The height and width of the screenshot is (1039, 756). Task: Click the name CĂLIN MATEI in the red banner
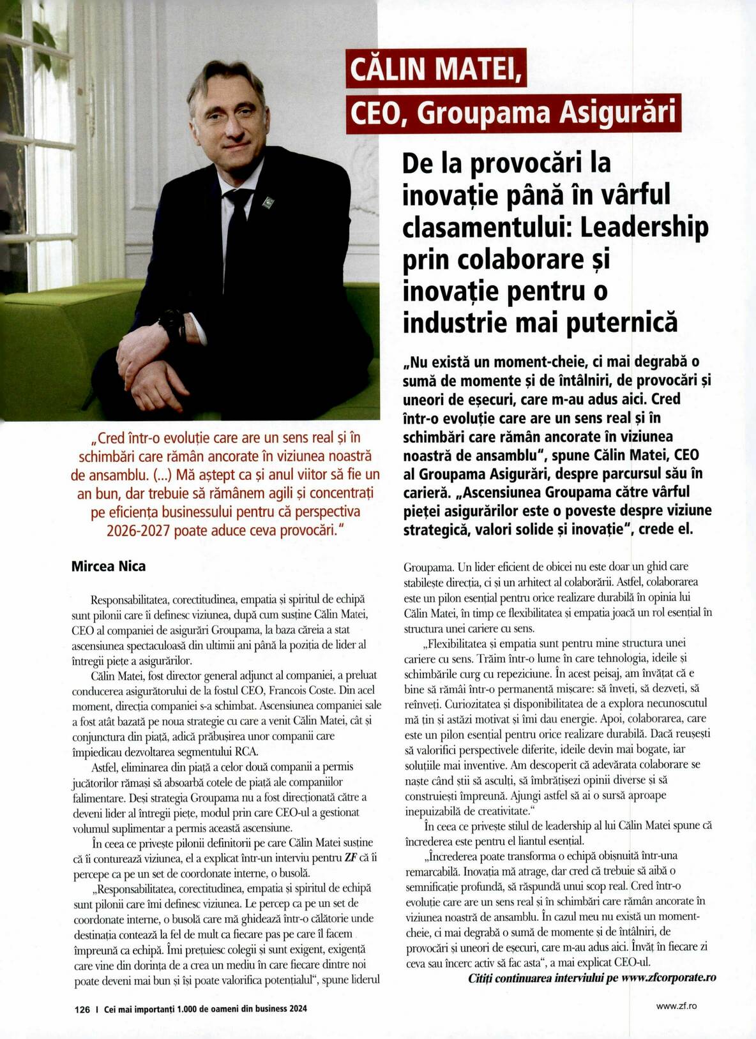(435, 69)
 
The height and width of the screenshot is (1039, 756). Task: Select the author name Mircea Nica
(108, 566)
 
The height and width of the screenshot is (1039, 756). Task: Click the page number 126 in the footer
(82, 1009)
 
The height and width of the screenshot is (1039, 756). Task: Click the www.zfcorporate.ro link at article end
(669, 978)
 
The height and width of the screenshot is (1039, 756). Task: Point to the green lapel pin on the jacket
(268, 203)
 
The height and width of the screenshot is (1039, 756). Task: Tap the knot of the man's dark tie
(238, 198)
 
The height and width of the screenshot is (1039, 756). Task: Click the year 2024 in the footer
(298, 1009)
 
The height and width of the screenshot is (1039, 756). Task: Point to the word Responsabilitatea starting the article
(128, 600)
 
